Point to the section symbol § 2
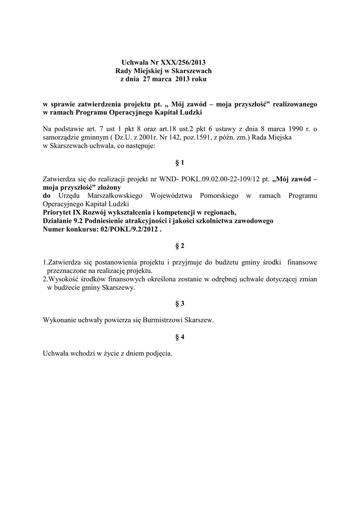tap(180, 246)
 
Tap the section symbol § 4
tap(180, 337)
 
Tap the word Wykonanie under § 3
tap(60, 321)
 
